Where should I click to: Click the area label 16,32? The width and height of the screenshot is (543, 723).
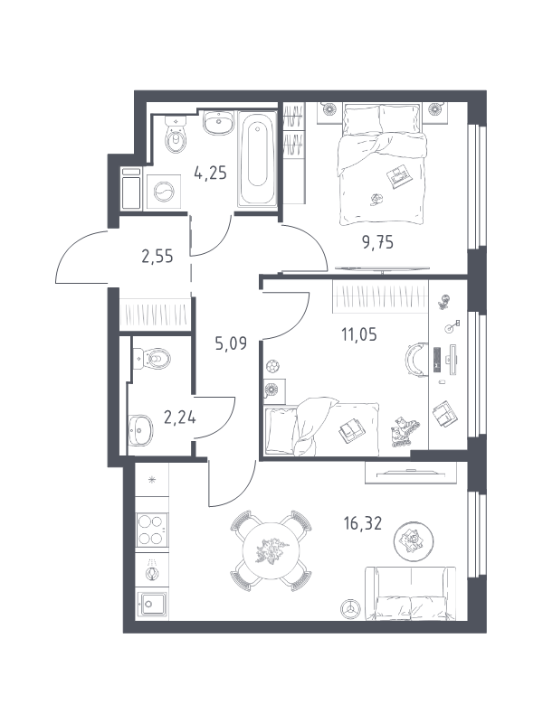pyautogui.click(x=363, y=524)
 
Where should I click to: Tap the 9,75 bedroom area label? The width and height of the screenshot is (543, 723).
pyautogui.click(x=377, y=242)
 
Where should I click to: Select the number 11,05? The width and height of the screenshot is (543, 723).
pyautogui.click(x=358, y=333)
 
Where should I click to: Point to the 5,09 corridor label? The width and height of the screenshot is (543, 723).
pyautogui.click(x=231, y=343)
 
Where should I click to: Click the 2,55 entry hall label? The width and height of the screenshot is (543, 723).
pyautogui.click(x=157, y=256)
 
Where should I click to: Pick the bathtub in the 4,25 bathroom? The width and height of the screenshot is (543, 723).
pyautogui.click(x=257, y=158)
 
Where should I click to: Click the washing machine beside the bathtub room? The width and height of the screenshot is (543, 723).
pyautogui.click(x=162, y=192)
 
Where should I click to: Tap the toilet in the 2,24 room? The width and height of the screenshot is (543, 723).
pyautogui.click(x=151, y=358)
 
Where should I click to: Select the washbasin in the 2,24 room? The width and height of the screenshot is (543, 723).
pyautogui.click(x=140, y=430)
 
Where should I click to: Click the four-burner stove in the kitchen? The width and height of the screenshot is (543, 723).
pyautogui.click(x=152, y=530)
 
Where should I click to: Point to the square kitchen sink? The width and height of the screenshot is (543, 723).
pyautogui.click(x=152, y=603)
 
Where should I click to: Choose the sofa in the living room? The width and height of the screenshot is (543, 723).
pyautogui.click(x=411, y=594)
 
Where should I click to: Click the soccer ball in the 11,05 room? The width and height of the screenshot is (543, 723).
pyautogui.click(x=272, y=367)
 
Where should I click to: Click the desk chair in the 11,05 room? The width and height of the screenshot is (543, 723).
pyautogui.click(x=415, y=359)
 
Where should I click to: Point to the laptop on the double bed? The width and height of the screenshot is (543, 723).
pyautogui.click(x=400, y=176)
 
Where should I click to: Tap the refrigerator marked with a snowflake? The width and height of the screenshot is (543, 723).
pyautogui.click(x=152, y=480)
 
